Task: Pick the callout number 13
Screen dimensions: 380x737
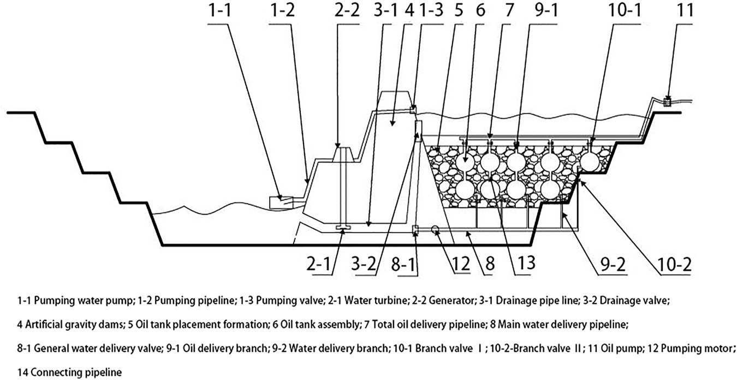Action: (522, 265)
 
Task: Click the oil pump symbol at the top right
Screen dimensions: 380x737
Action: (667, 100)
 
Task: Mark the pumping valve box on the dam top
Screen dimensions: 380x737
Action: (413, 109)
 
